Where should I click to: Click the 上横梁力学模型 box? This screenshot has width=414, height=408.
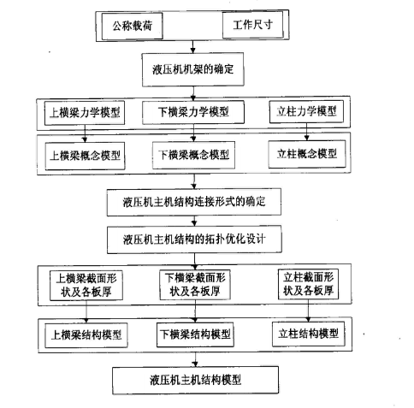click(x=86, y=112)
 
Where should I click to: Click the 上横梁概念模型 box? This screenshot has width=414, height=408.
click(x=87, y=157)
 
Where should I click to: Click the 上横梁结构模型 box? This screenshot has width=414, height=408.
click(x=86, y=333)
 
